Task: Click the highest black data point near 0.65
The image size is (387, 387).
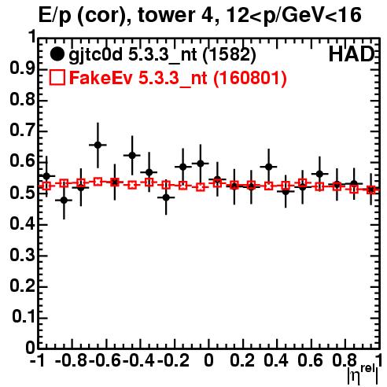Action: [98, 145]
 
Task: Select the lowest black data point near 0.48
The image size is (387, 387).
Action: [64, 201]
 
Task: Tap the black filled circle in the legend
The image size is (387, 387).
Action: [57, 54]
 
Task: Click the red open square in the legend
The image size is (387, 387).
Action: [57, 78]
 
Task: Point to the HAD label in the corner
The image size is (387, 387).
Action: [352, 54]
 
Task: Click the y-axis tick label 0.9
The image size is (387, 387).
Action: [23, 68]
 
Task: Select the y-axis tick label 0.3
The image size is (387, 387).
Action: [23, 255]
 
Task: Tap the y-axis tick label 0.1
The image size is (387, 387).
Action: [24, 316]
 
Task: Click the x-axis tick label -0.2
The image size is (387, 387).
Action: [173, 360]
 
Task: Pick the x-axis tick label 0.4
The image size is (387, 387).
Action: [276, 360]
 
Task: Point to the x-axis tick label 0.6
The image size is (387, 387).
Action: [310, 360]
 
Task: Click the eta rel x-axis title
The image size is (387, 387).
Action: [363, 374]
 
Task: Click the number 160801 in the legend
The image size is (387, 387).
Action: [249, 78]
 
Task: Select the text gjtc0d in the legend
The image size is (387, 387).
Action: [95, 56]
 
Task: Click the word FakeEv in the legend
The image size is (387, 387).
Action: [101, 78]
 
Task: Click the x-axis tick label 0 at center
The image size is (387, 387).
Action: [208, 360]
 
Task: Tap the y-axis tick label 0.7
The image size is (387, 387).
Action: [23, 131]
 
